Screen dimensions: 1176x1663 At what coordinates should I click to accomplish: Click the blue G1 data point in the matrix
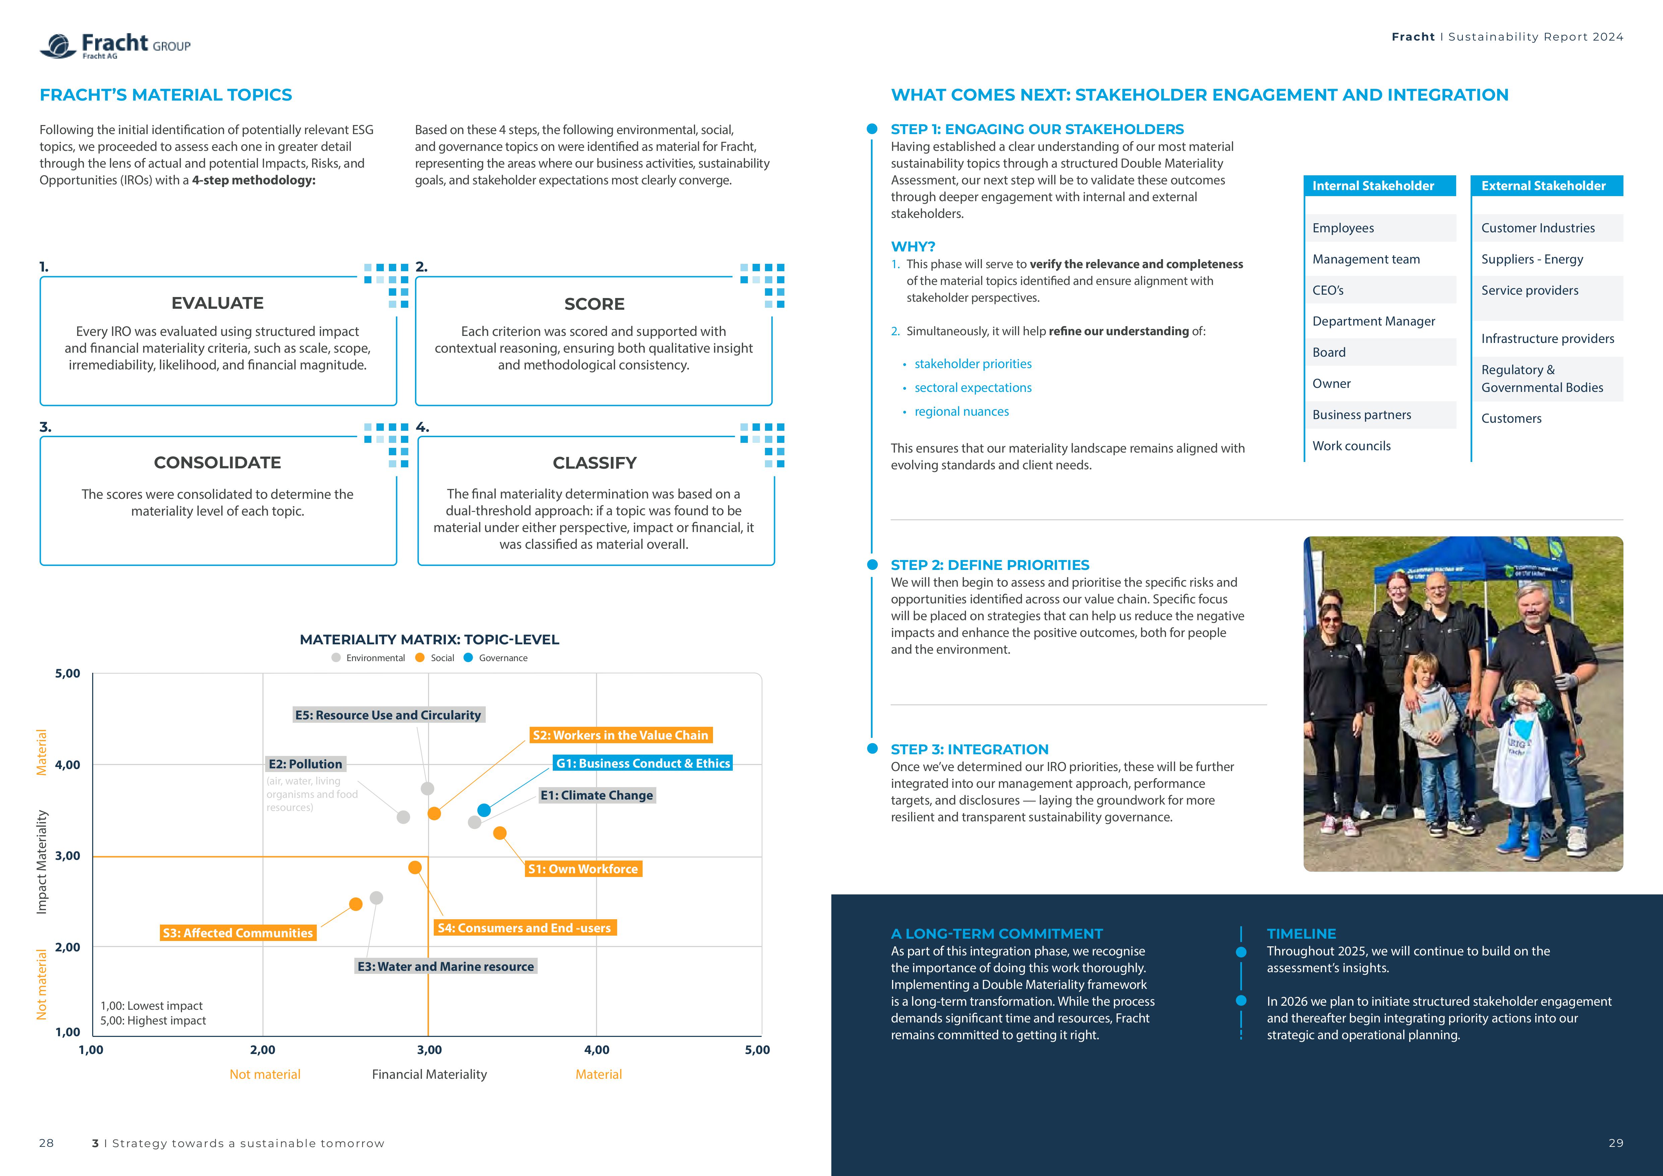click(x=484, y=810)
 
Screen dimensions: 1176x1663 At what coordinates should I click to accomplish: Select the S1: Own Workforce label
click(x=583, y=869)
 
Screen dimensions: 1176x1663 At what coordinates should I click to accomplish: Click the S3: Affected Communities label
click(x=238, y=933)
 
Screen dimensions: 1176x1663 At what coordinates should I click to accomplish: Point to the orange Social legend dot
click(x=420, y=657)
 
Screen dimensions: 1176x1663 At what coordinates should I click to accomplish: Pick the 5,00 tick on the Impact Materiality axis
click(x=67, y=673)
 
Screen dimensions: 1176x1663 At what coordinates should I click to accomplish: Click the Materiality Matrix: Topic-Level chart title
click(x=429, y=639)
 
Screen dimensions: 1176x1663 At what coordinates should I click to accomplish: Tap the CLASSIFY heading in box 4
click(x=595, y=463)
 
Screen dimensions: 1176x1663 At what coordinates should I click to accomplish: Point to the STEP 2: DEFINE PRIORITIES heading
click(x=990, y=565)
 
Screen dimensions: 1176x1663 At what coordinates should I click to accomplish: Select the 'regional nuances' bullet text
click(x=961, y=411)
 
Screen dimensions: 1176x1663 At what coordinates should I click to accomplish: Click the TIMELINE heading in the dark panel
click(x=1301, y=933)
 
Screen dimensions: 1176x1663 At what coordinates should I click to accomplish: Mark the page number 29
click(x=1615, y=1143)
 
